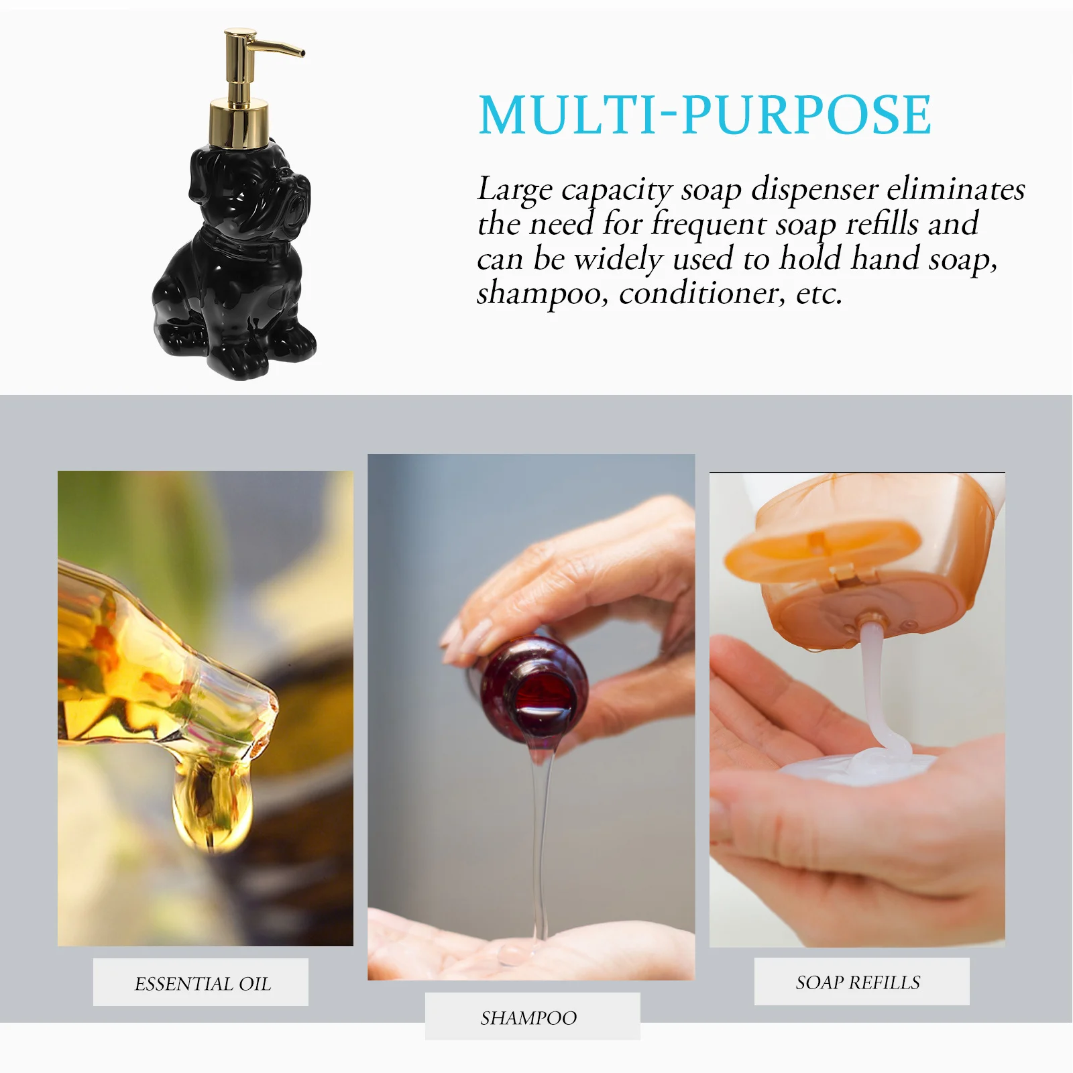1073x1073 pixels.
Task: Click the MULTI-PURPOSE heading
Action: pos(704,115)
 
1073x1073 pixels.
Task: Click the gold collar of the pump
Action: pos(239,123)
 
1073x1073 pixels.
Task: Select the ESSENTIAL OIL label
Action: pos(202,984)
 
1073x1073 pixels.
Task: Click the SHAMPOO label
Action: pos(528,1018)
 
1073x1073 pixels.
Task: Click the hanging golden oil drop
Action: pos(211,808)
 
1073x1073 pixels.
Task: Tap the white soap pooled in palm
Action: pos(865,765)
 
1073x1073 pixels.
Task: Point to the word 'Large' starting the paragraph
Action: pos(514,190)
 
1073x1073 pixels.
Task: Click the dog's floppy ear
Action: pos(199,178)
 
